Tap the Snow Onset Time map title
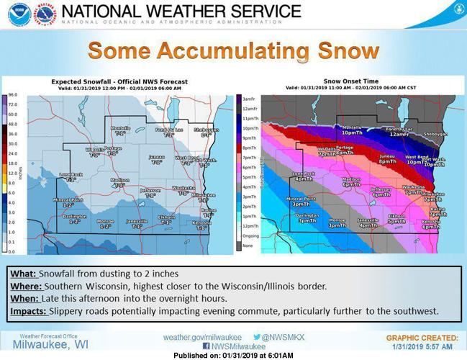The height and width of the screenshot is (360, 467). pos(353,82)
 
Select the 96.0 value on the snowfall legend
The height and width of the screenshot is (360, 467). pos(12,95)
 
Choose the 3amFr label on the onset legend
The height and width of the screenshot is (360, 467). pos(248,99)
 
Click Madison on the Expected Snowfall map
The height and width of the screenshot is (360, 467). pos(119,180)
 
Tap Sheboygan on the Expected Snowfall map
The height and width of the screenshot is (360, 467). pos(208,130)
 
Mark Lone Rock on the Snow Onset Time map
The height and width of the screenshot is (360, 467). pos(303,174)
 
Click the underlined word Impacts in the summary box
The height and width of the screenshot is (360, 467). pos(27,311)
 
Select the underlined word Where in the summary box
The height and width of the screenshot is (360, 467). pos(24,286)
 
